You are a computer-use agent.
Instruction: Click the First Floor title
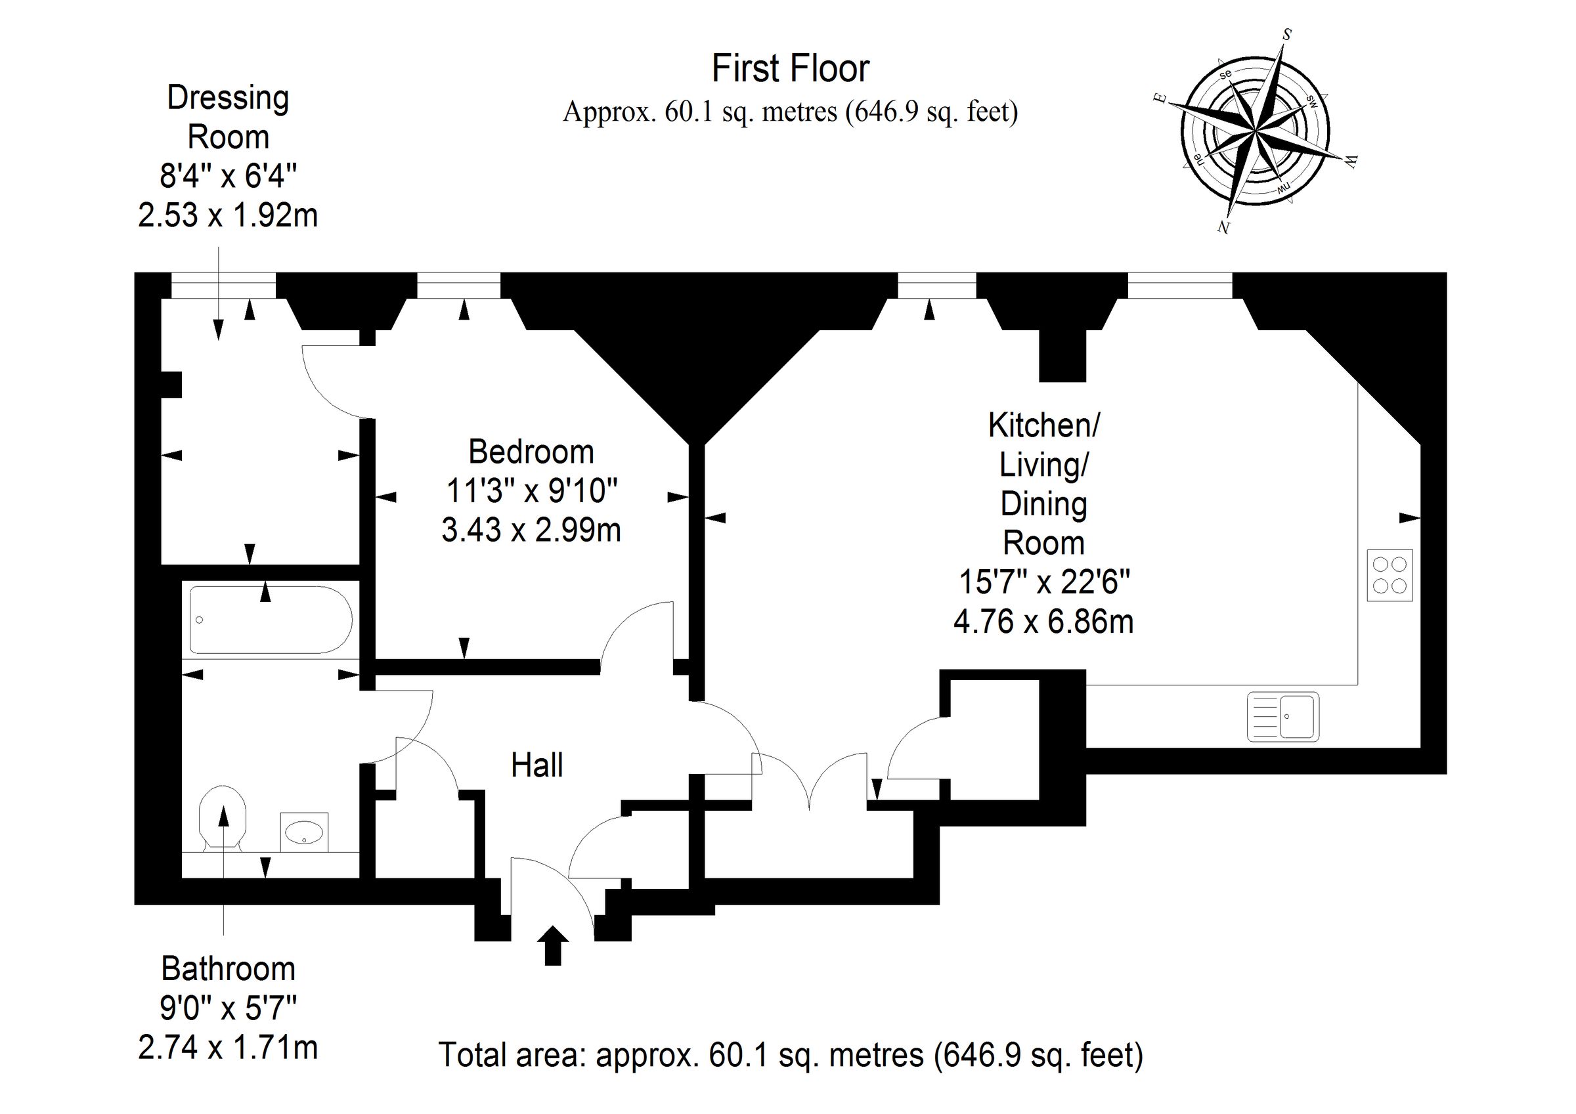(x=790, y=69)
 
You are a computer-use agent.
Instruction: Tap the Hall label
(x=536, y=765)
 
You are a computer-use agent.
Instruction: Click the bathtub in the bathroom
(x=271, y=620)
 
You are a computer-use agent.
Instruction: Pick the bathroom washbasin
(x=304, y=832)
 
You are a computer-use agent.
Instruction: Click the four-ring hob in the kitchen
(x=1390, y=575)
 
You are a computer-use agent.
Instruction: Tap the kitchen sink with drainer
(x=1283, y=717)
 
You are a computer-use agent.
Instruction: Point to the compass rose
(x=1256, y=130)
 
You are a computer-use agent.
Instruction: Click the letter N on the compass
(x=1223, y=227)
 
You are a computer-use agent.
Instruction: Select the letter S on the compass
(x=1287, y=34)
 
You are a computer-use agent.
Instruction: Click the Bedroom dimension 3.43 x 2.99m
(x=531, y=530)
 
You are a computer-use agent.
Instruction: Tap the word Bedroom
(x=531, y=452)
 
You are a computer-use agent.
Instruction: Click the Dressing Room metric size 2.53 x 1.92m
(x=228, y=215)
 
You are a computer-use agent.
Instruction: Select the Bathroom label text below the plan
(x=228, y=968)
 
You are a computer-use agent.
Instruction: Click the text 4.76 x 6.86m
(x=1043, y=622)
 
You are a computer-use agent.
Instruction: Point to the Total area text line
(x=791, y=1055)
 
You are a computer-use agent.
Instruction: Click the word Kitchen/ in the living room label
(x=1044, y=425)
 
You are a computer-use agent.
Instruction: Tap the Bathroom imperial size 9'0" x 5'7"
(x=228, y=1008)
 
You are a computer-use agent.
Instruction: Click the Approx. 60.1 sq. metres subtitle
(x=791, y=111)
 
